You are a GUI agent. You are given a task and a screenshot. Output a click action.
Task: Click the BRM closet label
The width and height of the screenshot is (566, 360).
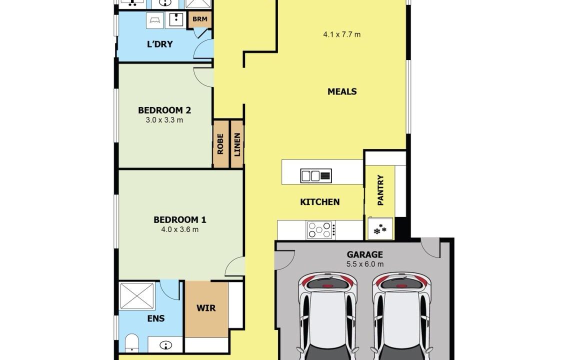coord(200,19)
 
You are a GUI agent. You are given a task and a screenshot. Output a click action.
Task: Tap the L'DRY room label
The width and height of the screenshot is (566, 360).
coord(160,44)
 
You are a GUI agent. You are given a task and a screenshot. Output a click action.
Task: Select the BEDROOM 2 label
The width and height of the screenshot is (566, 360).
coord(164,110)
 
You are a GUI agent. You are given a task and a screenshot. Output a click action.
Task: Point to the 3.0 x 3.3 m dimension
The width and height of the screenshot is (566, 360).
coord(164,120)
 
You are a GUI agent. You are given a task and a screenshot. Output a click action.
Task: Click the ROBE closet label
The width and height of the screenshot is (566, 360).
coord(220,144)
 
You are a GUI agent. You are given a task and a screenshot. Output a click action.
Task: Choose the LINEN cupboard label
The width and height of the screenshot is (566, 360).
coord(237,144)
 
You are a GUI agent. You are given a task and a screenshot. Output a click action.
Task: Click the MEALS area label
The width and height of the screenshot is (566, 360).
coord(342,91)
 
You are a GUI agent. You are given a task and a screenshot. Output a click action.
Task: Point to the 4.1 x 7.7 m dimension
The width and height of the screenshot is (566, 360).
coord(342,34)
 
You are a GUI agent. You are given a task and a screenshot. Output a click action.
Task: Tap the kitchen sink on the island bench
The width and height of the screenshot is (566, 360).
coord(316,176)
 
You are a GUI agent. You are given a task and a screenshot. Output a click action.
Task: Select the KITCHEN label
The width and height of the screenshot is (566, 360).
coord(320,202)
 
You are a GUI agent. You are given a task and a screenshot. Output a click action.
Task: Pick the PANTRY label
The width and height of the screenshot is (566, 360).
coord(380,190)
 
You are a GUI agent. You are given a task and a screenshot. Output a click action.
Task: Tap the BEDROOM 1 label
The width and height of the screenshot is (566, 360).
coord(180,219)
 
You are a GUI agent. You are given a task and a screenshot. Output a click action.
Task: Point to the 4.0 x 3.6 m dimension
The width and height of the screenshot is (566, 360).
coord(180,229)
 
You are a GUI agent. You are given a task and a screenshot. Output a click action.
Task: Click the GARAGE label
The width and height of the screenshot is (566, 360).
coord(365,254)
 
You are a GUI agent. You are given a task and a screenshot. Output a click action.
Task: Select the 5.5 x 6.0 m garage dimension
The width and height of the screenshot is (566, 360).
coord(365,264)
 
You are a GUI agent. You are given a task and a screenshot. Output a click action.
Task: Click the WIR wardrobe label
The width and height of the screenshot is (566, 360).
coord(206,308)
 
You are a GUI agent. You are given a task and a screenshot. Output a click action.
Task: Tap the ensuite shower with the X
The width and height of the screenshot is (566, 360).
coord(137,296)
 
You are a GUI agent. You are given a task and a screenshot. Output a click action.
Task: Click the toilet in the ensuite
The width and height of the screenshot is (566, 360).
coord(132,342)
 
